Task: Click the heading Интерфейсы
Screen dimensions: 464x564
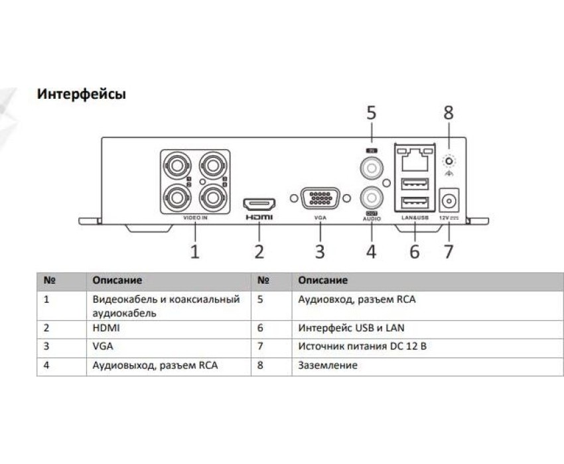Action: [x=82, y=94]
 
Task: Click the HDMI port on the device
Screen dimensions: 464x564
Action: [x=259, y=202]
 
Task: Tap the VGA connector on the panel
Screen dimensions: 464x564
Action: [x=320, y=200]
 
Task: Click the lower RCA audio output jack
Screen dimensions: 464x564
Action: [x=370, y=198]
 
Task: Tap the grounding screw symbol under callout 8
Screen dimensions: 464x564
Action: [x=449, y=161]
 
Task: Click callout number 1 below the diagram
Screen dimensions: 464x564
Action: [x=195, y=251]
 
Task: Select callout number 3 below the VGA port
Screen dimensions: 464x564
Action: [x=320, y=251]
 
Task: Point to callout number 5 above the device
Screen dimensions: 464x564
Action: [x=371, y=113]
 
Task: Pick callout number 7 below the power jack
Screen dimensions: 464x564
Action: [x=449, y=251]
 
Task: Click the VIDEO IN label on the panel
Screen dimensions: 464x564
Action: [x=195, y=217]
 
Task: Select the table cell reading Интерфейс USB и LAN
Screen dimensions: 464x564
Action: [x=352, y=327]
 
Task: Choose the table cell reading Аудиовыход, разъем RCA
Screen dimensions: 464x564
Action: [x=155, y=365]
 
